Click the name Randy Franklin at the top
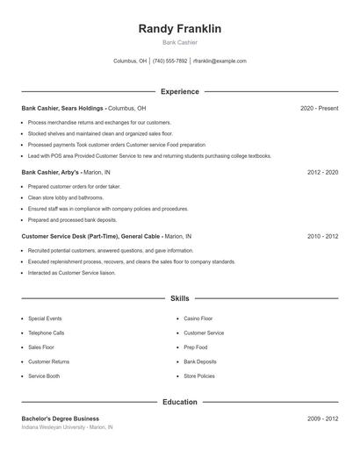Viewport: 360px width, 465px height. [180, 29]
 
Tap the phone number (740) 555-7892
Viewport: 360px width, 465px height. [170, 61]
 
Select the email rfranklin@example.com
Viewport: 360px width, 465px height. [220, 61]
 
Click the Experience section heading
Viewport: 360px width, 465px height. [180, 91]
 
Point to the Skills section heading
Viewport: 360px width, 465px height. [180, 298]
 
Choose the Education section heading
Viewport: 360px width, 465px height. [180, 402]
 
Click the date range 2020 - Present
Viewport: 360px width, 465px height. [319, 108]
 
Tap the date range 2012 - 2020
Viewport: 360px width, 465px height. [322, 173]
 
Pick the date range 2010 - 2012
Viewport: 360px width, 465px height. [322, 237]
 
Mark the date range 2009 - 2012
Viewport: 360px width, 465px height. [322, 418]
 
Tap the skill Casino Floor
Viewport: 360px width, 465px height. [198, 319]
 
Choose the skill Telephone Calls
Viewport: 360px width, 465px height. [46, 333]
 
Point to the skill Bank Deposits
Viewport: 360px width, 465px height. [199, 361]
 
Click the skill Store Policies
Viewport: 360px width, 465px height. [198, 376]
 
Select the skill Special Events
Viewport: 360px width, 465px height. [44, 319]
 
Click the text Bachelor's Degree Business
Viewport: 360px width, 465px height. [61, 418]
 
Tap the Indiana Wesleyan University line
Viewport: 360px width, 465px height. [68, 427]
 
